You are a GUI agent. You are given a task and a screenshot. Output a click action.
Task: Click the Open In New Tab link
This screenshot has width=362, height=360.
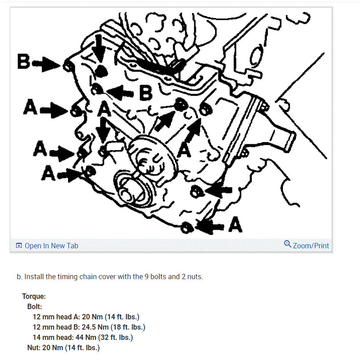(x=51, y=246)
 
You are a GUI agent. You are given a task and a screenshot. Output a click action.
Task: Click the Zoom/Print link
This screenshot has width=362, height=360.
(x=311, y=246)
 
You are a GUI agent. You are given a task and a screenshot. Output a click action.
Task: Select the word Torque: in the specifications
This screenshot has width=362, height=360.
(x=34, y=296)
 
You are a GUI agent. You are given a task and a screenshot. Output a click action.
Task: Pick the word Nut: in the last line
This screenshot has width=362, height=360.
(x=34, y=347)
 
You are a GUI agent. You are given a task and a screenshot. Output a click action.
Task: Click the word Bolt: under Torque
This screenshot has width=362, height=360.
(x=35, y=306)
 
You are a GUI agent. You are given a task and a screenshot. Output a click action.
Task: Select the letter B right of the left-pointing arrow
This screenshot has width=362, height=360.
(x=146, y=92)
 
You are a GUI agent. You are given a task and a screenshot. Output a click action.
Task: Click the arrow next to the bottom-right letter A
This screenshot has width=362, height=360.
(x=211, y=226)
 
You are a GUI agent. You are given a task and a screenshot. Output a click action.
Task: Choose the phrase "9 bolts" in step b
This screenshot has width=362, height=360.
(x=155, y=276)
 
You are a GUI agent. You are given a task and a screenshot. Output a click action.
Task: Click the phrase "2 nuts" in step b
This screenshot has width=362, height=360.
(x=191, y=276)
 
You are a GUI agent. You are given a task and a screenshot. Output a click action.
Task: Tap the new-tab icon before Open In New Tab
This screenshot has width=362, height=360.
(x=19, y=246)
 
